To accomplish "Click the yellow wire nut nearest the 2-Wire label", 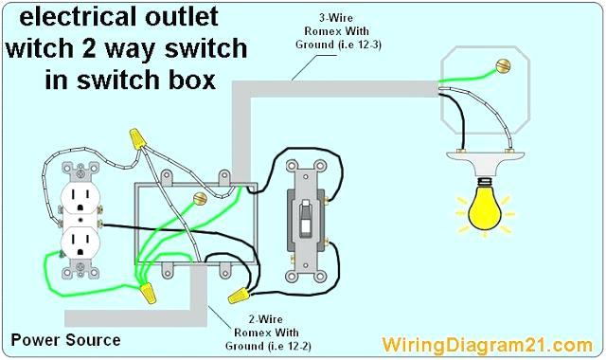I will click(x=237, y=296).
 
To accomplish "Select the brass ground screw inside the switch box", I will click(x=200, y=199).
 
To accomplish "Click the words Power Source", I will click(x=65, y=339).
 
